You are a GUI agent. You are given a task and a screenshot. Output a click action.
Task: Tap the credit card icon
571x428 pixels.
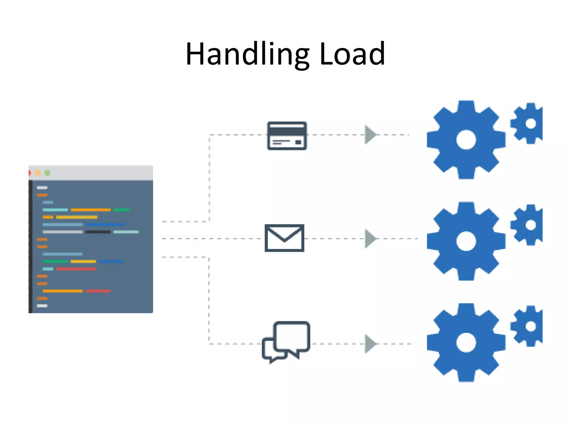pos(287,136)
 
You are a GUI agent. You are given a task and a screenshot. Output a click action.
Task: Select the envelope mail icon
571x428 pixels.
pos(284,238)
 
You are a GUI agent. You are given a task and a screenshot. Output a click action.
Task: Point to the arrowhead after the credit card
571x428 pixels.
pos(370,135)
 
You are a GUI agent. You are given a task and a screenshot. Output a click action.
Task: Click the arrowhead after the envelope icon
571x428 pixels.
pos(370,239)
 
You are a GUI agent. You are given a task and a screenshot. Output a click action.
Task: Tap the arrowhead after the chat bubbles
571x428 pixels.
pos(370,344)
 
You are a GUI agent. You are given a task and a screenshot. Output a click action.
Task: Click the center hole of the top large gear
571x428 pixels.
pos(466,140)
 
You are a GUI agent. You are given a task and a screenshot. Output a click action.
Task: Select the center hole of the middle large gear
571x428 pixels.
pos(466,241)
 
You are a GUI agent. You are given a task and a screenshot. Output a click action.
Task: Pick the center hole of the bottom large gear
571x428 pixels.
pos(466,342)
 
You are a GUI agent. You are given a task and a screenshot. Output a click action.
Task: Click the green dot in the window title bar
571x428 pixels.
pos(47,173)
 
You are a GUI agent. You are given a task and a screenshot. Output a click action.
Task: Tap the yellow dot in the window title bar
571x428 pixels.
pos(38,173)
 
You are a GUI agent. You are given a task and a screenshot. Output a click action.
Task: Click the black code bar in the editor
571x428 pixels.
pos(98,232)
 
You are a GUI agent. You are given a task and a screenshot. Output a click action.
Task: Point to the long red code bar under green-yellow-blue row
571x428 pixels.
pos(76,269)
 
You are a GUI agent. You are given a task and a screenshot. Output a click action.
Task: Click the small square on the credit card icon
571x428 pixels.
pos(298,142)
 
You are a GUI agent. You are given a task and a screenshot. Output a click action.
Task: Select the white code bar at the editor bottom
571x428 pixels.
pos(42,306)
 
